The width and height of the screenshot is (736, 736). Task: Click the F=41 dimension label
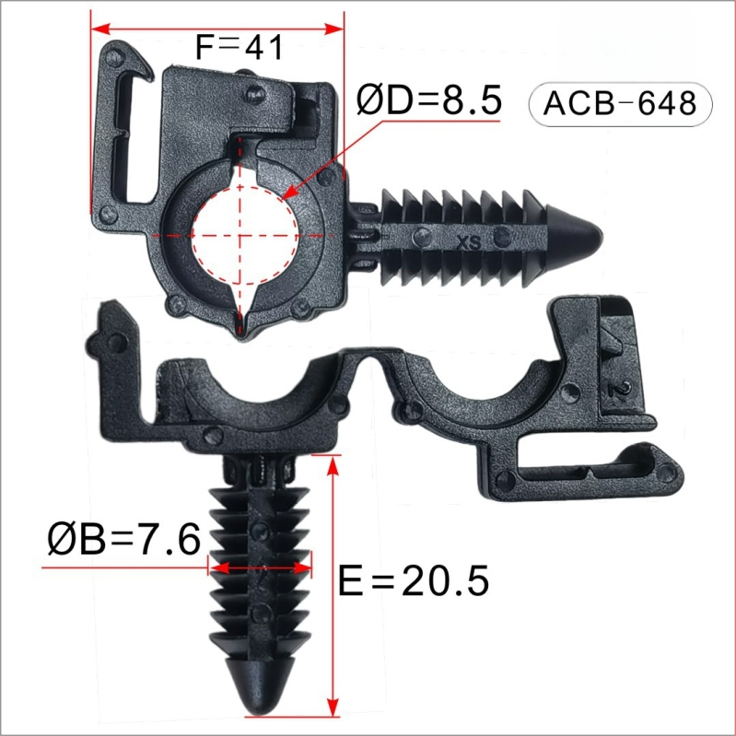click(239, 47)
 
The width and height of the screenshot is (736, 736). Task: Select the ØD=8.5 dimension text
click(428, 100)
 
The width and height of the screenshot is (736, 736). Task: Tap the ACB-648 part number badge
click(620, 104)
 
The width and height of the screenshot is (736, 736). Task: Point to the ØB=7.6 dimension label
click(124, 539)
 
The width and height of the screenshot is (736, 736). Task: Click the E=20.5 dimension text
click(414, 580)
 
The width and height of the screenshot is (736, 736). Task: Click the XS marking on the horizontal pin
click(469, 242)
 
